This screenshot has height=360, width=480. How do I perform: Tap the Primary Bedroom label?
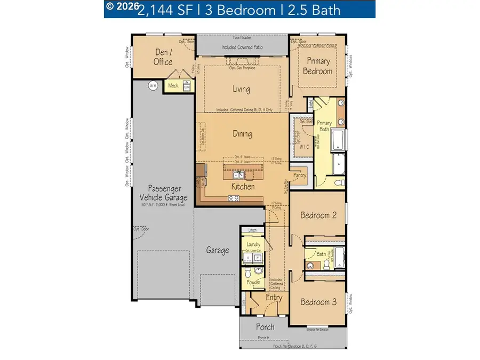pos(317,66)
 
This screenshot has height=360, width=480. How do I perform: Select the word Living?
pos(241,89)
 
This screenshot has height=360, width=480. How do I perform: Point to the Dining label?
pos(242,134)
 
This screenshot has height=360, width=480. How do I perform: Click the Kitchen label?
pos(243,187)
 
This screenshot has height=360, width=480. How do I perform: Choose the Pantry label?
pos(300,175)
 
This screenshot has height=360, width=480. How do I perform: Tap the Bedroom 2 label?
pos(318,215)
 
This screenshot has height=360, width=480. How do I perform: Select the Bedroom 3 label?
pos(318,302)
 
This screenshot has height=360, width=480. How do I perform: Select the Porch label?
pos(265,327)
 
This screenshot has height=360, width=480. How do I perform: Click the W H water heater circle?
pos(153,85)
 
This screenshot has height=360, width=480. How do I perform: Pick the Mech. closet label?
pos(173,85)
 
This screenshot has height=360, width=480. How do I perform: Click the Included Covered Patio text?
pos(243,47)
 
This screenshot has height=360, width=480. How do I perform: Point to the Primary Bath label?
pos(324,126)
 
